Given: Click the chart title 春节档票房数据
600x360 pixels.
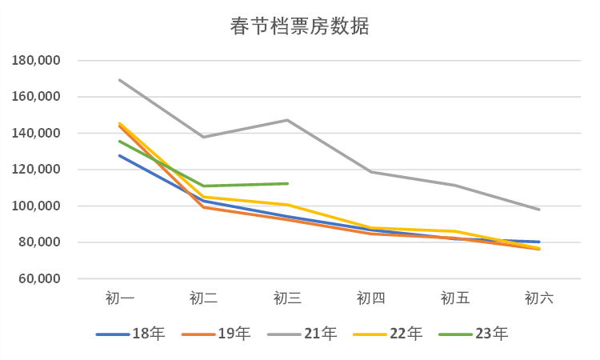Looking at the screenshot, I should click(299, 26).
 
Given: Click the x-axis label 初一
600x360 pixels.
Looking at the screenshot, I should click(120, 298).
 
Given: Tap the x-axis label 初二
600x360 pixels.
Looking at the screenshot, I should click(203, 298).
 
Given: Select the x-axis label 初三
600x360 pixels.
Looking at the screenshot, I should click(287, 298).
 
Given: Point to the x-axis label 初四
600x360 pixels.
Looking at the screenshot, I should click(371, 298).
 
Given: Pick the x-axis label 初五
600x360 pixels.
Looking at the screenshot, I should click(455, 298).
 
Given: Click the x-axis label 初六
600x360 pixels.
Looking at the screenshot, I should click(538, 298).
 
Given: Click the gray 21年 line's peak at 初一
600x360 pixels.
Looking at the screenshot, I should click(120, 80).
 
